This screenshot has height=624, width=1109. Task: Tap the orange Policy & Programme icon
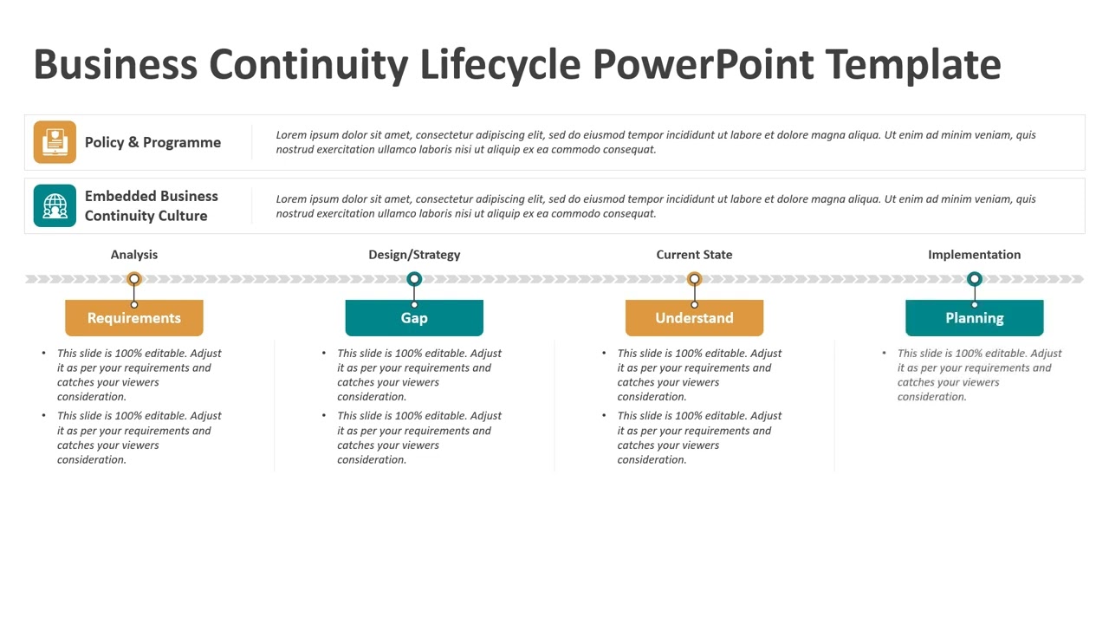click(55, 142)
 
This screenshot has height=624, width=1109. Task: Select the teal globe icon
click(55, 205)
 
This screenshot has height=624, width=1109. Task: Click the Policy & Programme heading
click(152, 142)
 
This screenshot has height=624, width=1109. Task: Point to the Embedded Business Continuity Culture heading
click(151, 205)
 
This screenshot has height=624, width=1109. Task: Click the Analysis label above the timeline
click(134, 255)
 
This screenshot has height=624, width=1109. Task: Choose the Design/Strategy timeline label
click(414, 255)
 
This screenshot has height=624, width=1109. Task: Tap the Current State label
click(694, 255)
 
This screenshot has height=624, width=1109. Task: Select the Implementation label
click(974, 255)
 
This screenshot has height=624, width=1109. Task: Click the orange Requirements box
click(134, 318)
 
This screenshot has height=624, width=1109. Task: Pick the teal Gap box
click(414, 318)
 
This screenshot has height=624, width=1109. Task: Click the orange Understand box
click(694, 318)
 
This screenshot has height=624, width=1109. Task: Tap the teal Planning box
click(974, 318)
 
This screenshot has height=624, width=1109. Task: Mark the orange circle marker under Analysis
click(134, 279)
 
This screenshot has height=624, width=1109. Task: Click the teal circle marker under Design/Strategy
click(414, 279)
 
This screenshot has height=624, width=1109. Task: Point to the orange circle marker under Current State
click(694, 279)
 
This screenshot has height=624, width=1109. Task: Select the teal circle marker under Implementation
click(975, 279)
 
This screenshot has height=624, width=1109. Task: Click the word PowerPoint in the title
click(703, 65)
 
